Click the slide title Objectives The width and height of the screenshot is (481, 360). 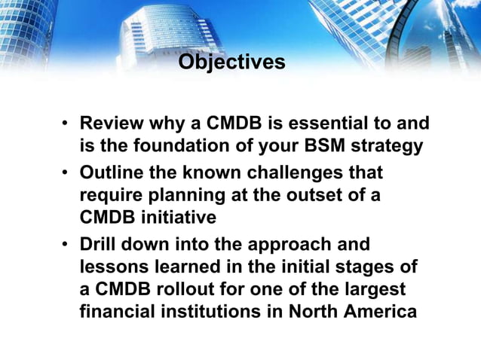click(x=231, y=61)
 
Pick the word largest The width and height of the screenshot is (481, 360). click(x=376, y=290)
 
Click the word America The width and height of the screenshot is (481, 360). click(x=378, y=312)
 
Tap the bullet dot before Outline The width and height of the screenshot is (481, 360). click(x=66, y=173)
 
